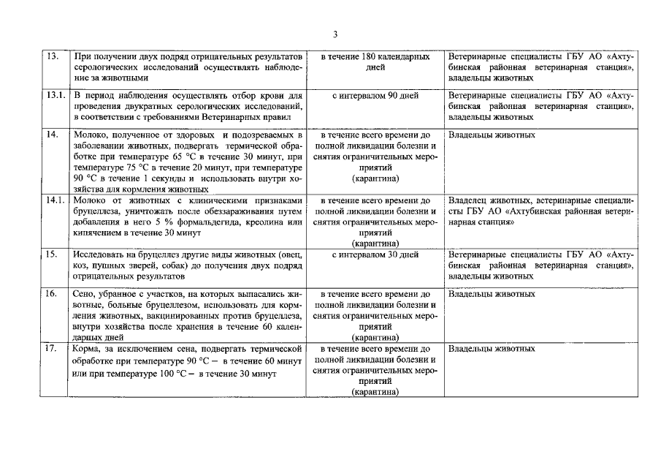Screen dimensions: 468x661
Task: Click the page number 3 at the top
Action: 335,34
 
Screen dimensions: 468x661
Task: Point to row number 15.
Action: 52,254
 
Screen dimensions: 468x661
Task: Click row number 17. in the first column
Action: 52,349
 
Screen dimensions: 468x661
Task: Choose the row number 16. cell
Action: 52,294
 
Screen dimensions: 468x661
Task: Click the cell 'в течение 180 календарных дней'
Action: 374,61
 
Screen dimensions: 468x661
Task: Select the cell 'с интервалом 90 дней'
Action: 374,96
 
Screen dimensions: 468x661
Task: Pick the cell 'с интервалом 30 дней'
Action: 374,254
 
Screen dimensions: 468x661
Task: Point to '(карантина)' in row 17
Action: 374,392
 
